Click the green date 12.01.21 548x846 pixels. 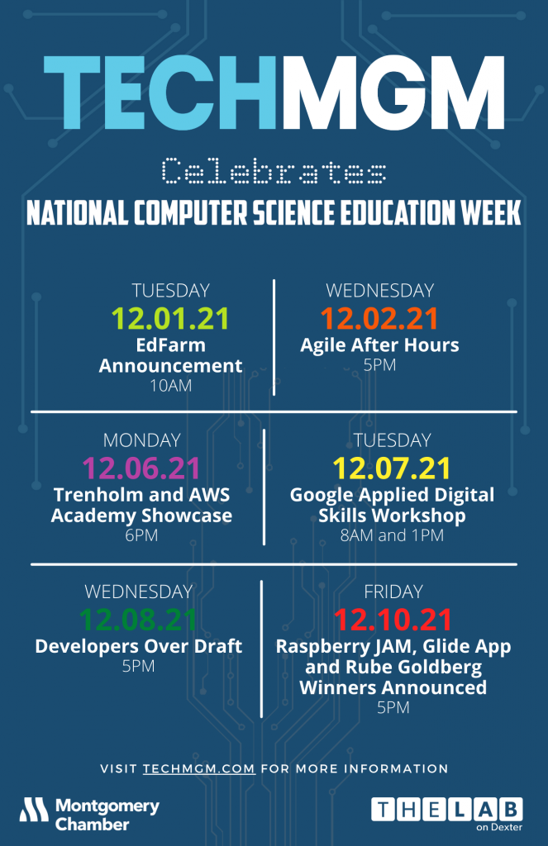coord(170,318)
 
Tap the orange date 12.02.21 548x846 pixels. coord(379,318)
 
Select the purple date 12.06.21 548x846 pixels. coord(141,468)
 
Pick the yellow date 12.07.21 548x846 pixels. coord(392,468)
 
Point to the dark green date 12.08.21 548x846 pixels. coord(138,620)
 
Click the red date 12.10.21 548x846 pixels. coord(393,620)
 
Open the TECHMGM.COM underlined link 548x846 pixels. coord(198,768)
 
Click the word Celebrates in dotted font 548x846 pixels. coord(274,171)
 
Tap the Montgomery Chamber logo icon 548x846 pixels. coord(34,810)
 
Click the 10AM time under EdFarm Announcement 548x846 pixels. coord(170,386)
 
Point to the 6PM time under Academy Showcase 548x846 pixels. coord(141,535)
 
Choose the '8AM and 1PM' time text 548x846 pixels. coord(392,535)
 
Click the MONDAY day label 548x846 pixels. coord(141,440)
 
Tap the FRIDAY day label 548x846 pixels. coord(393,592)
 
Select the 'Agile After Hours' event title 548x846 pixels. coord(379,345)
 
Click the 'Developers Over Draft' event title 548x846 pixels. coord(138,646)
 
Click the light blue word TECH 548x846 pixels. coord(160,93)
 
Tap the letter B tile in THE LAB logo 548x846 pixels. coord(511,810)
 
